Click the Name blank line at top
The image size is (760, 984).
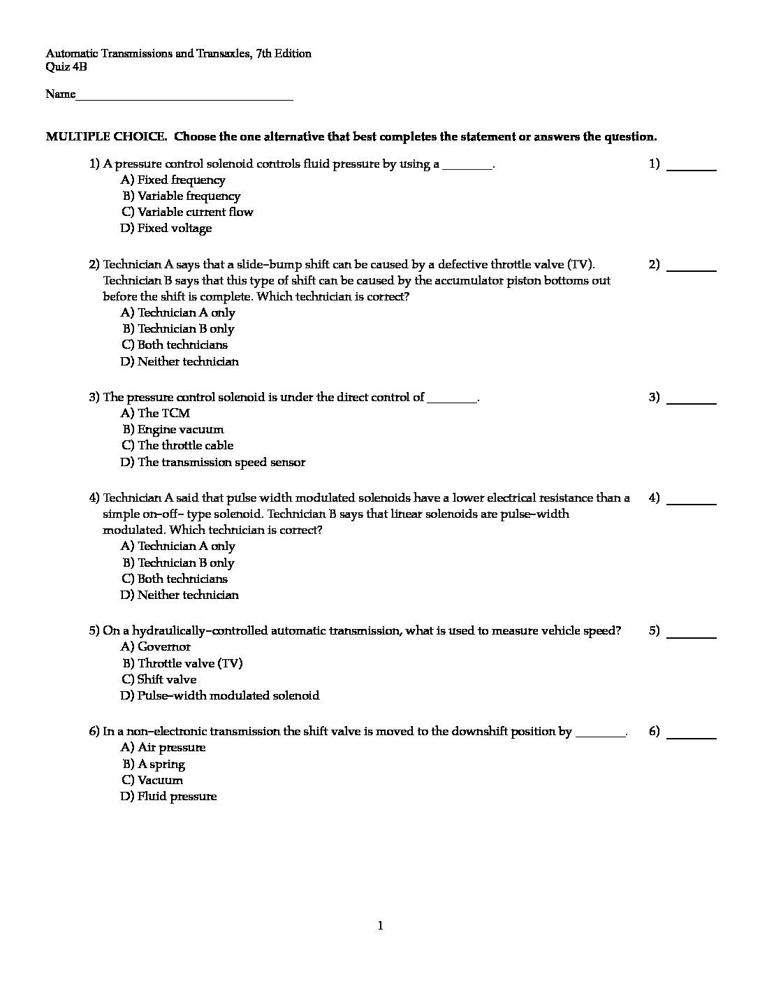coord(184,99)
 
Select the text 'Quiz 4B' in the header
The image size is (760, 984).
coord(66,67)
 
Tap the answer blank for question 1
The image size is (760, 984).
coord(692,168)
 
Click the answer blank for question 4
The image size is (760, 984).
coord(692,502)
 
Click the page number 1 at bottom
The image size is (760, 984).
coord(380,926)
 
